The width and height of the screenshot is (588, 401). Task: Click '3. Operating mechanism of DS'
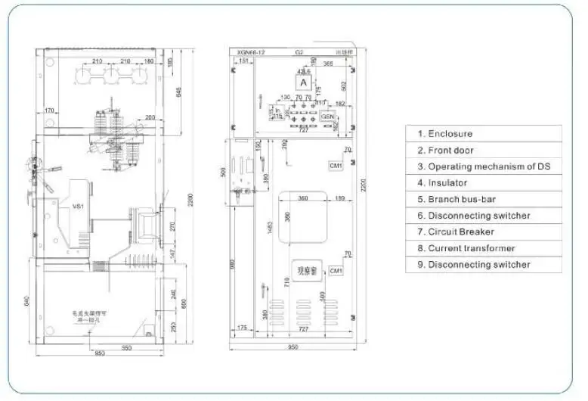click(484, 166)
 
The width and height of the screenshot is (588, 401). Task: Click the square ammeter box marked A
click(304, 82)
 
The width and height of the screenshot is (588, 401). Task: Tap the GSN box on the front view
click(328, 117)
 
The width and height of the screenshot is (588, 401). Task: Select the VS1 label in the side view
click(77, 205)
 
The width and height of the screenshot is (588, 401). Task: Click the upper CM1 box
click(336, 165)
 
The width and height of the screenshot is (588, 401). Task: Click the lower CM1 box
click(336, 270)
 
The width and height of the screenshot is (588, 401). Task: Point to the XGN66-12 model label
click(251, 52)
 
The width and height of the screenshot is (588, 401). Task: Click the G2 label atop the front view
click(299, 52)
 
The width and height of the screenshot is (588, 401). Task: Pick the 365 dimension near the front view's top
click(328, 64)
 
